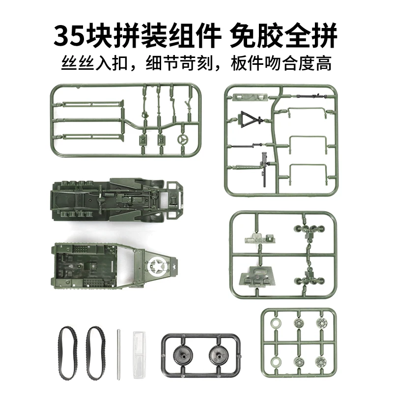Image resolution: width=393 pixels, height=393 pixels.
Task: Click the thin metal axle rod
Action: [x=118, y=354]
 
